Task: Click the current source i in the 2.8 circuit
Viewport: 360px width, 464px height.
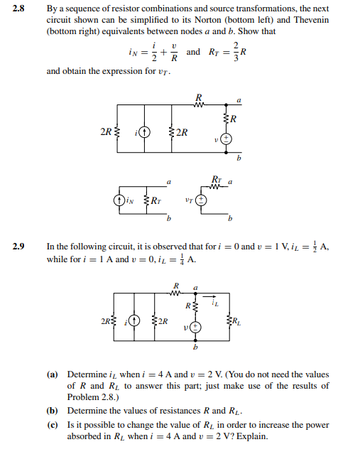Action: (144, 132)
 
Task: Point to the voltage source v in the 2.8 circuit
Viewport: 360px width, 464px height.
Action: (225, 139)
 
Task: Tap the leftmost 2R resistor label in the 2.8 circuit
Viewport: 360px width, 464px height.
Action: (107, 132)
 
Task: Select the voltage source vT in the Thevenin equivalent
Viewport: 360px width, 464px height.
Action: (201, 201)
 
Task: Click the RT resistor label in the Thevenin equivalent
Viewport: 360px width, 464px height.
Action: (217, 178)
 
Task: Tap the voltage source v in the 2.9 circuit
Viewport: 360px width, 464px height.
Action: (195, 328)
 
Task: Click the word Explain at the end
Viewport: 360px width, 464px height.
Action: (253, 436)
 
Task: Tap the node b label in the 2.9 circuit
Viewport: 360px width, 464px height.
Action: (195, 347)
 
